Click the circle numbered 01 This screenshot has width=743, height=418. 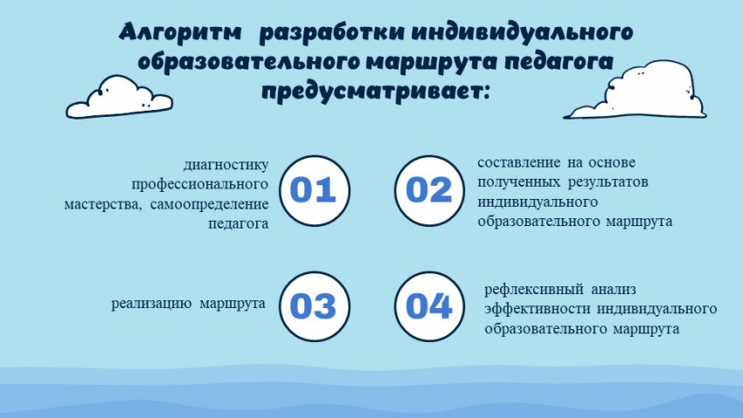pos(314,190)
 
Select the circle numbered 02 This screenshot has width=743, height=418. pos(430,190)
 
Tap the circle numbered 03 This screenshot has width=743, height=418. pos(314,306)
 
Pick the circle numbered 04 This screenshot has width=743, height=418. pos(430,306)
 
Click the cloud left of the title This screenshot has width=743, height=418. pos(119,98)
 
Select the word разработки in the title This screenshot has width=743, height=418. pos(331,32)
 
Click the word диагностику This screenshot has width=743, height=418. pos(226,165)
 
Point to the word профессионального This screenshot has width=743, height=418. pos(200,184)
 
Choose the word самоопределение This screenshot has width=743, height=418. pos(210,204)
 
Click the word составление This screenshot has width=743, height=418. pos(519,162)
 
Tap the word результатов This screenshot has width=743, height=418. pos(608,182)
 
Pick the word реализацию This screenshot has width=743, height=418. pos(151,303)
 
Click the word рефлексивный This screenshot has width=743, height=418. pos(533,290)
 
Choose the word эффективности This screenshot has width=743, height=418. pos(538,309)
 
